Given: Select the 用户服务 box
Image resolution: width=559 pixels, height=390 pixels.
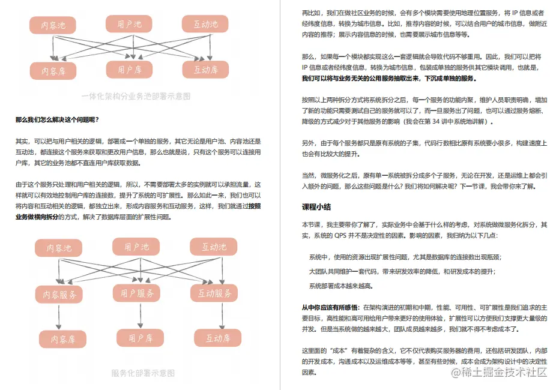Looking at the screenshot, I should click(x=137, y=293).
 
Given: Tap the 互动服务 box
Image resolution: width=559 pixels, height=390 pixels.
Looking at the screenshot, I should click(x=214, y=293).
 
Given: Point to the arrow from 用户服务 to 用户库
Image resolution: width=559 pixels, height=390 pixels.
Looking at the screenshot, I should click(x=137, y=314).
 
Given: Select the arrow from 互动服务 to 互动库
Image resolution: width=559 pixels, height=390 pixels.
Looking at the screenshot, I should click(x=214, y=315).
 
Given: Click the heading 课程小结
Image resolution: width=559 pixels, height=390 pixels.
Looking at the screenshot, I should click(x=316, y=208).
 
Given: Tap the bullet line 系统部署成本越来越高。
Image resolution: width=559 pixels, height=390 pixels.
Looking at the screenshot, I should click(x=340, y=286).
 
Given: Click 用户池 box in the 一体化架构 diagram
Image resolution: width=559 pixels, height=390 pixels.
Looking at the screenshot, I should click(x=129, y=24).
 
